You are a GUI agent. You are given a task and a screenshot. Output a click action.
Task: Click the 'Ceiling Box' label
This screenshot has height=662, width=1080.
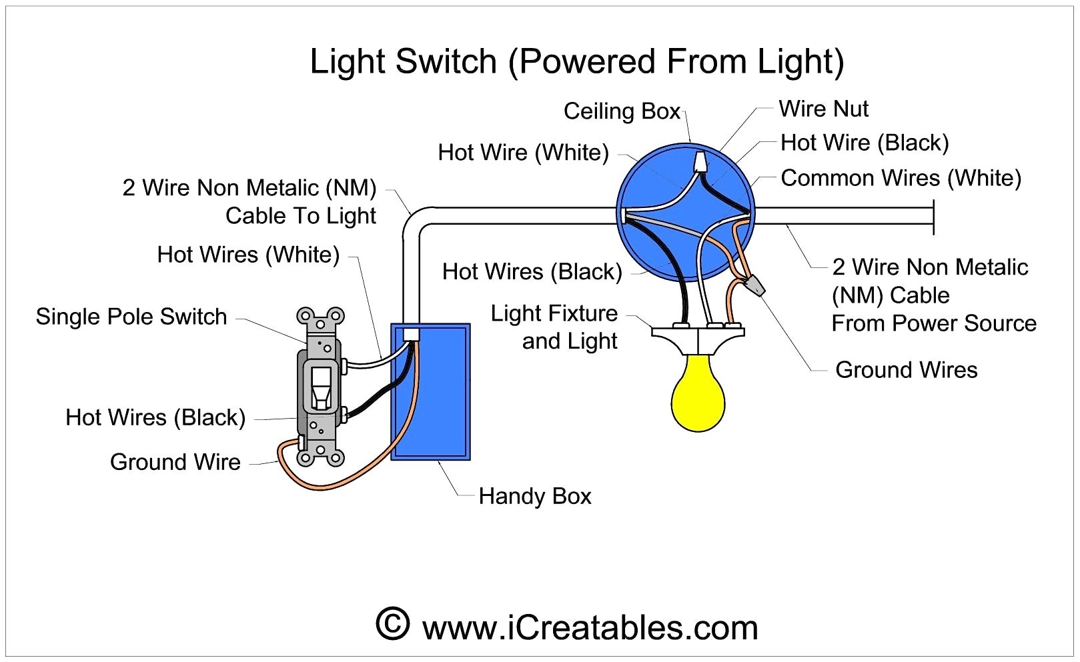click(622, 111)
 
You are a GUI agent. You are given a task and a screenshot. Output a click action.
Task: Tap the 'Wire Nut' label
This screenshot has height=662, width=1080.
click(823, 109)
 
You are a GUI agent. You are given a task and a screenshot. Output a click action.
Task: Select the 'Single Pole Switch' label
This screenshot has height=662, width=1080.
click(131, 316)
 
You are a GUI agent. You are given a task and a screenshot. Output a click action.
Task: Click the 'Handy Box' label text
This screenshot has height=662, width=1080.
click(534, 496)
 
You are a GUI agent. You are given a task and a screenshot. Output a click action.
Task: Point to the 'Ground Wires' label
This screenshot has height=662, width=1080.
click(906, 369)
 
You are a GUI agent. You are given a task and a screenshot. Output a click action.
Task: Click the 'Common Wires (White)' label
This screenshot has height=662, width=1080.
click(901, 178)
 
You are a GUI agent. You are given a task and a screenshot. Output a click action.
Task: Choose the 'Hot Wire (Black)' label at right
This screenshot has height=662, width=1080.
click(864, 143)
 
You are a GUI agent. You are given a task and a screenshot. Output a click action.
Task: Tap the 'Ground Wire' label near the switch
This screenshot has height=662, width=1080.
click(175, 461)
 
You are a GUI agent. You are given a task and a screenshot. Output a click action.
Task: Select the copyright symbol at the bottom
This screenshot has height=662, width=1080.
click(392, 624)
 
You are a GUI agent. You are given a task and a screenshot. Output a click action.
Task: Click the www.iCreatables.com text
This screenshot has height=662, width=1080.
click(590, 628)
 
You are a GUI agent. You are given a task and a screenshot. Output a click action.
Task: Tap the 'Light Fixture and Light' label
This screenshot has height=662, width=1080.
click(555, 327)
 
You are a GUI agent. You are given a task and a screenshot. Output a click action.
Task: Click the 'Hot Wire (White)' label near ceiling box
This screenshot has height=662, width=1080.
click(523, 153)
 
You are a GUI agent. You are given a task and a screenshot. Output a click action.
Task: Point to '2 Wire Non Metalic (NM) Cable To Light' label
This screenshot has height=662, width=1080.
click(249, 201)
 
